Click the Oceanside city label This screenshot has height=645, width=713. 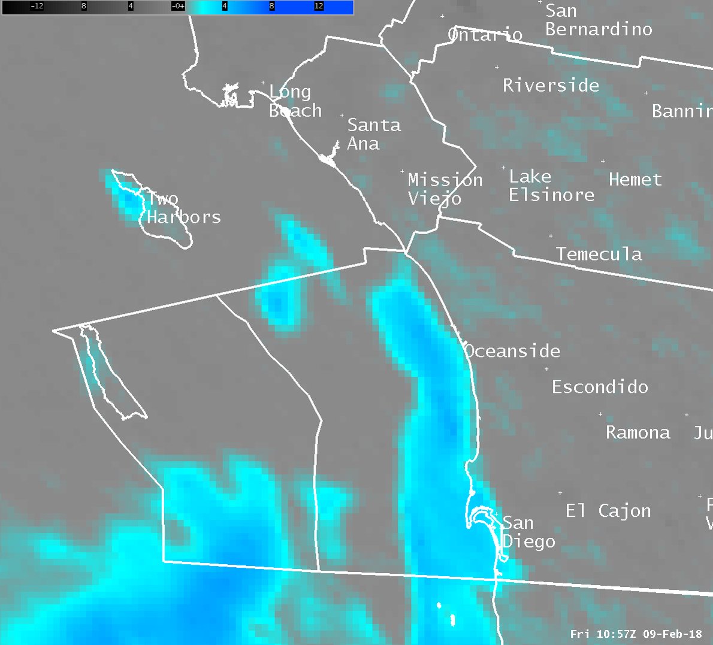[512, 351]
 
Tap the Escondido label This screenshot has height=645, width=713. [600, 387]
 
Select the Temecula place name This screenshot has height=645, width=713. [599, 255]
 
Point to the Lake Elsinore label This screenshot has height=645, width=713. [551, 186]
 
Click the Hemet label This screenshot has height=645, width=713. [635, 180]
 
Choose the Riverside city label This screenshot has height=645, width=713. [551, 86]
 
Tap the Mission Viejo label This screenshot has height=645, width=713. [445, 189]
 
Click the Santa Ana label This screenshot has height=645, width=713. [374, 134]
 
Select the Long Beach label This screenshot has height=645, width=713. [295, 101]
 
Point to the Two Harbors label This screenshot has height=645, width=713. [183, 208]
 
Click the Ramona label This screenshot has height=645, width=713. [638, 432]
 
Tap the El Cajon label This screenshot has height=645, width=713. [608, 511]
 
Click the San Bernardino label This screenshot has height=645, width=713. [598, 20]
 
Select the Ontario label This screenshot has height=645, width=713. [485, 35]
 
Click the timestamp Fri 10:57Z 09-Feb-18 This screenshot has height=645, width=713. [636, 634]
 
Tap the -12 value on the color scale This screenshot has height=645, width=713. [37, 6]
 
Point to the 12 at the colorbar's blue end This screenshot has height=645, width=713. [319, 6]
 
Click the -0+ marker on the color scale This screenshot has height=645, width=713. [178, 6]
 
